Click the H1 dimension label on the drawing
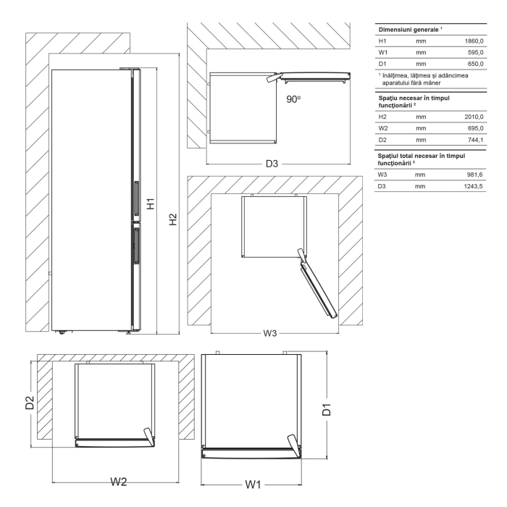(x=151, y=204)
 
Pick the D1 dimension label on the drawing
(x=327, y=410)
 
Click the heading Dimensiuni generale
(x=408, y=30)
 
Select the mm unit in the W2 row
(x=421, y=127)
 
